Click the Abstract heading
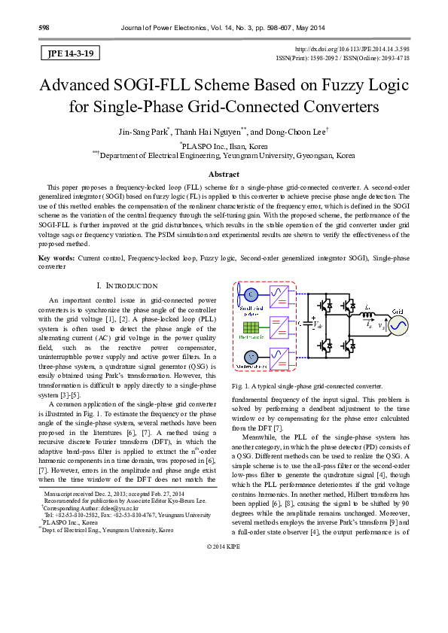224,174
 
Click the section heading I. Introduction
116,286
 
